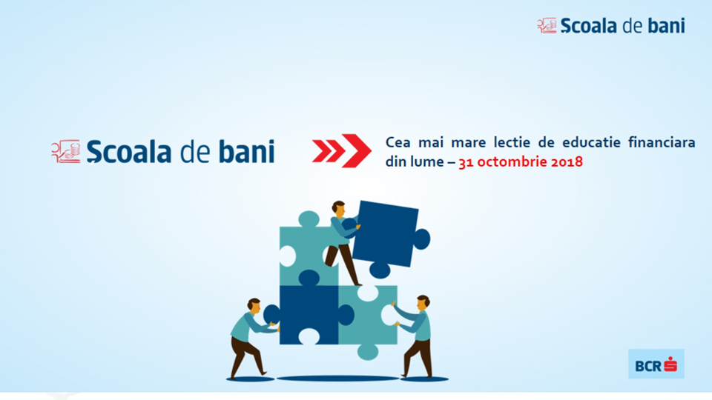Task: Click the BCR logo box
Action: [656, 364]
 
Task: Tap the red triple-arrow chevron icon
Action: [341, 150]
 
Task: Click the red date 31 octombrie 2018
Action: [521, 162]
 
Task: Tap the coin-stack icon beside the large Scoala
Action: [66, 151]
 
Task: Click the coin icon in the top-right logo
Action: [547, 25]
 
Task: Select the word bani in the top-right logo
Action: [666, 26]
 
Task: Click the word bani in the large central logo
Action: [247, 151]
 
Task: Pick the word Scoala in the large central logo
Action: [129, 151]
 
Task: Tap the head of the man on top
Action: [338, 209]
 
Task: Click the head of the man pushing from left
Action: [254, 306]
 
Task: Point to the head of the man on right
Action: [423, 302]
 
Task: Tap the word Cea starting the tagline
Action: [398, 142]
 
